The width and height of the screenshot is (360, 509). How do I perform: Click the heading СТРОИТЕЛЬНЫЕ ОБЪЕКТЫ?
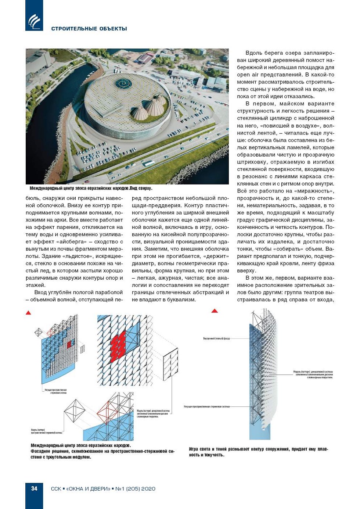click(89, 29)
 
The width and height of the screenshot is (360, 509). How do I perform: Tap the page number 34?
click(34, 488)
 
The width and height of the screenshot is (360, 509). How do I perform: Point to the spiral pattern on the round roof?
click(123, 84)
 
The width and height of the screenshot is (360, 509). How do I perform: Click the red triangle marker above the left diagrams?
click(28, 313)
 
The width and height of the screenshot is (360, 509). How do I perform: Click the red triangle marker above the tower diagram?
click(215, 311)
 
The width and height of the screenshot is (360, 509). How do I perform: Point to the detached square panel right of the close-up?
click(170, 363)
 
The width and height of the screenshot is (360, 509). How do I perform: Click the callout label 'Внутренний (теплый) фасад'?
click(216, 338)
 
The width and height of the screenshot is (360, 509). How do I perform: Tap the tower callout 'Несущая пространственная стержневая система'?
click(207, 407)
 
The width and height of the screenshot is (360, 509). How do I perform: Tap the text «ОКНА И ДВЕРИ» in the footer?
click(88, 489)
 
